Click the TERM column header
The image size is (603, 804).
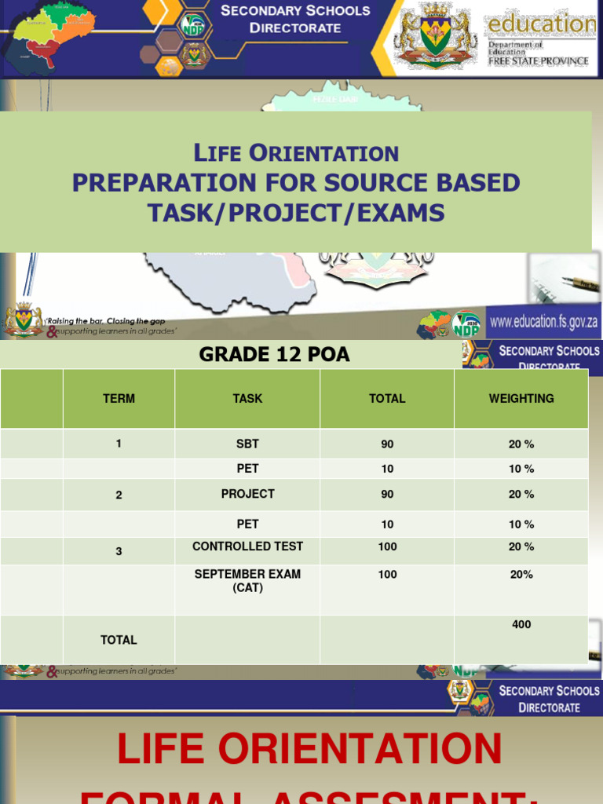tap(119, 399)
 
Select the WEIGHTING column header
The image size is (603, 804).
tap(521, 399)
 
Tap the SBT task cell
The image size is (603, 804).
tap(247, 444)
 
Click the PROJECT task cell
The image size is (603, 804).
tap(247, 494)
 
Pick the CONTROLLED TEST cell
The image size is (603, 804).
tap(247, 546)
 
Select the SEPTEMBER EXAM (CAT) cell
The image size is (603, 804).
tap(247, 580)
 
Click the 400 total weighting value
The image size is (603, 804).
tap(521, 625)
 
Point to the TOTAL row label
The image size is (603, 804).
tap(119, 640)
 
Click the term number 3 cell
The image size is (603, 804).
tap(119, 551)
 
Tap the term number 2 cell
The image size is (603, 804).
tap(119, 495)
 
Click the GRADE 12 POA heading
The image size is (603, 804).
tap(274, 355)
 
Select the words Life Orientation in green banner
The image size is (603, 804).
tap(295, 153)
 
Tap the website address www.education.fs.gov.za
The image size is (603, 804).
tap(543, 321)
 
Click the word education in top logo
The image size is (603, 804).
tap(541, 24)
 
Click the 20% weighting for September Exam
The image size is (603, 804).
tap(521, 575)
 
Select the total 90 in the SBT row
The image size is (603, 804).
tap(387, 444)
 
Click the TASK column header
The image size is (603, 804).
tap(247, 399)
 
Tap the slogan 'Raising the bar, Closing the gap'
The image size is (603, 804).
tap(105, 321)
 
